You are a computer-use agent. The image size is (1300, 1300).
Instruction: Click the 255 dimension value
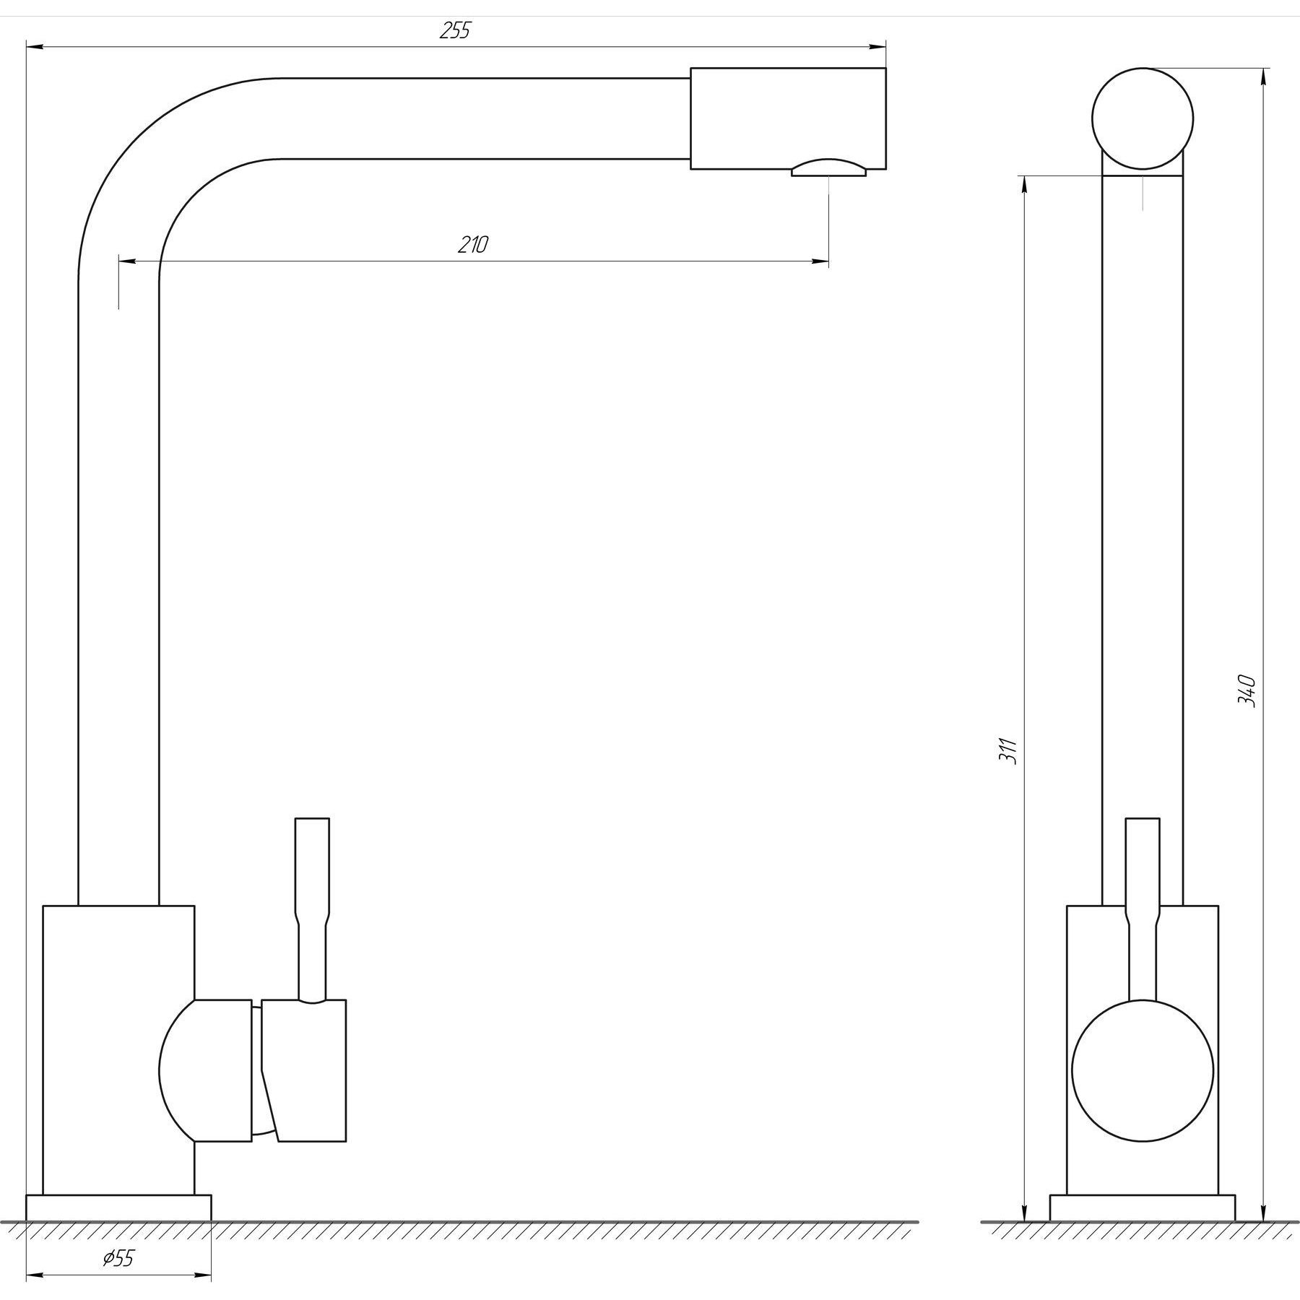[455, 31]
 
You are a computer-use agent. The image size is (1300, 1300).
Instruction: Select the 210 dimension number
[473, 245]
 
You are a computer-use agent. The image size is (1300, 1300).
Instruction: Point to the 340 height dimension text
[1247, 691]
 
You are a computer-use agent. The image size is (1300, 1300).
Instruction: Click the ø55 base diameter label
[118, 1259]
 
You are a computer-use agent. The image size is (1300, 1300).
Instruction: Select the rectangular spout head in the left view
[788, 118]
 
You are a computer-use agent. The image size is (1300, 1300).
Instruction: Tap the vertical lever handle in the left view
[313, 910]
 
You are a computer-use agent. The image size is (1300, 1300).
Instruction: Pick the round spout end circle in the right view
[1143, 119]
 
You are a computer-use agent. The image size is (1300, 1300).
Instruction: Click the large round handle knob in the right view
[1143, 1070]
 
